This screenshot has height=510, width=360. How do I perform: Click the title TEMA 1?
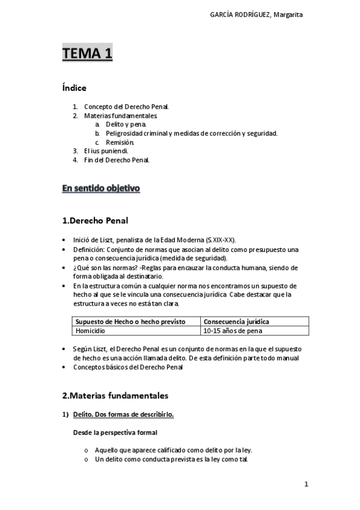[87, 54]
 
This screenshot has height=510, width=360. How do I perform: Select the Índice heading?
[74, 88]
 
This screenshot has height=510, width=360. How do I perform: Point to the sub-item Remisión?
[120, 142]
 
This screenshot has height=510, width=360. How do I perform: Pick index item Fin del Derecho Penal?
[116, 160]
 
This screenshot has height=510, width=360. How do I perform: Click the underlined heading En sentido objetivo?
[101, 189]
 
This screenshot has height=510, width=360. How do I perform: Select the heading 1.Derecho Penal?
[95, 220]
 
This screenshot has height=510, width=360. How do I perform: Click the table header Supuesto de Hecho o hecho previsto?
[130, 322]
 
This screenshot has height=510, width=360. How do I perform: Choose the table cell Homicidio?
[90, 331]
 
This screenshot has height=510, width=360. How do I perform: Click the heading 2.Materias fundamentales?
[115, 396]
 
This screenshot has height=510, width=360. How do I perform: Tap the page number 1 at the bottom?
[306, 484]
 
